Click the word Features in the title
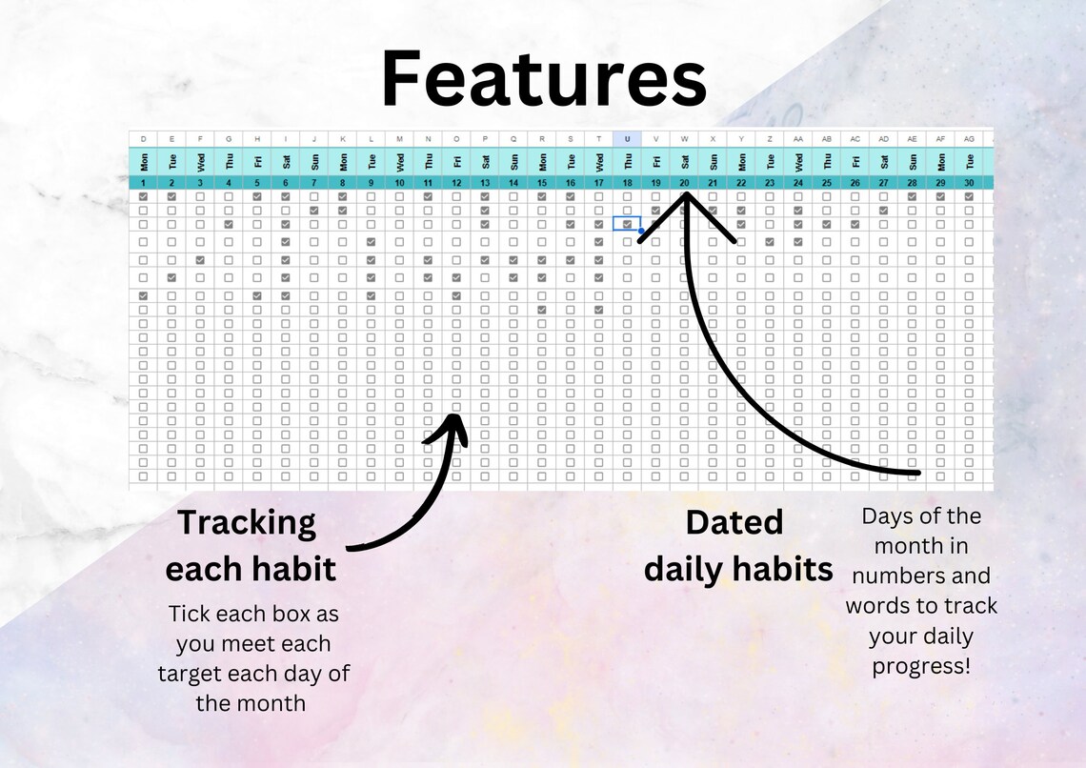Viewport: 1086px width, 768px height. point(543,81)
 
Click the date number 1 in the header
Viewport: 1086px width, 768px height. point(144,182)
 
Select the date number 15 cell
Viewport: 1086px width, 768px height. point(542,182)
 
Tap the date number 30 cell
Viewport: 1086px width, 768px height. point(969,182)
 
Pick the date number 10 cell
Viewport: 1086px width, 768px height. point(399,182)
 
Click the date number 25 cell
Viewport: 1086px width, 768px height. point(827,182)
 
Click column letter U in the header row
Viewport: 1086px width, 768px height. point(627,138)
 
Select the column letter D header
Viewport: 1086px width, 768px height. point(144,138)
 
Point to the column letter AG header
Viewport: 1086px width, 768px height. point(969,138)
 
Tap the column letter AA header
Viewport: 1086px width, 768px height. point(798,138)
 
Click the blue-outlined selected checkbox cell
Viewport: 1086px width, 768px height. point(627,224)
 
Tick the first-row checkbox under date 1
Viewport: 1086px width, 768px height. point(144,196)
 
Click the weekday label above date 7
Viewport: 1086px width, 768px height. point(314,161)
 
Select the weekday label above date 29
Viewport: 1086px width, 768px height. point(940,161)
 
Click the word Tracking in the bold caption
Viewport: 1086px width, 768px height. point(246,522)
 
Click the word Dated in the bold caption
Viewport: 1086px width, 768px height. point(734,522)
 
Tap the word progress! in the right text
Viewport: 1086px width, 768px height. point(921,665)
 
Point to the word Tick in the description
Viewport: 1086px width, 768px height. point(188,613)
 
